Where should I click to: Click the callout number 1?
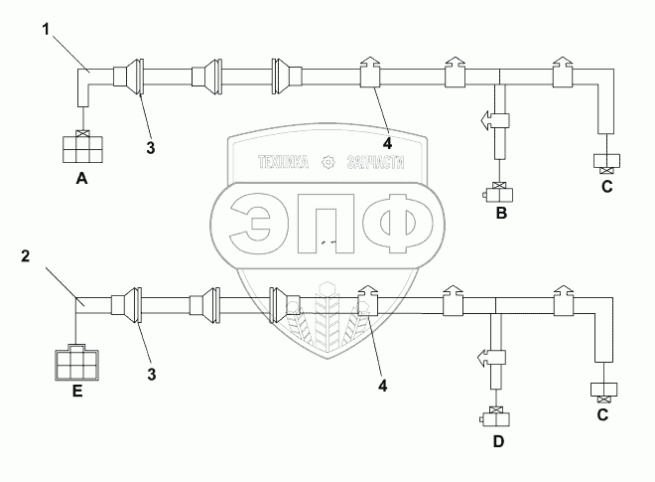click(45, 27)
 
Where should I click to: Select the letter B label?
click(501, 212)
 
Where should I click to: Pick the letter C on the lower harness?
click(602, 415)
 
